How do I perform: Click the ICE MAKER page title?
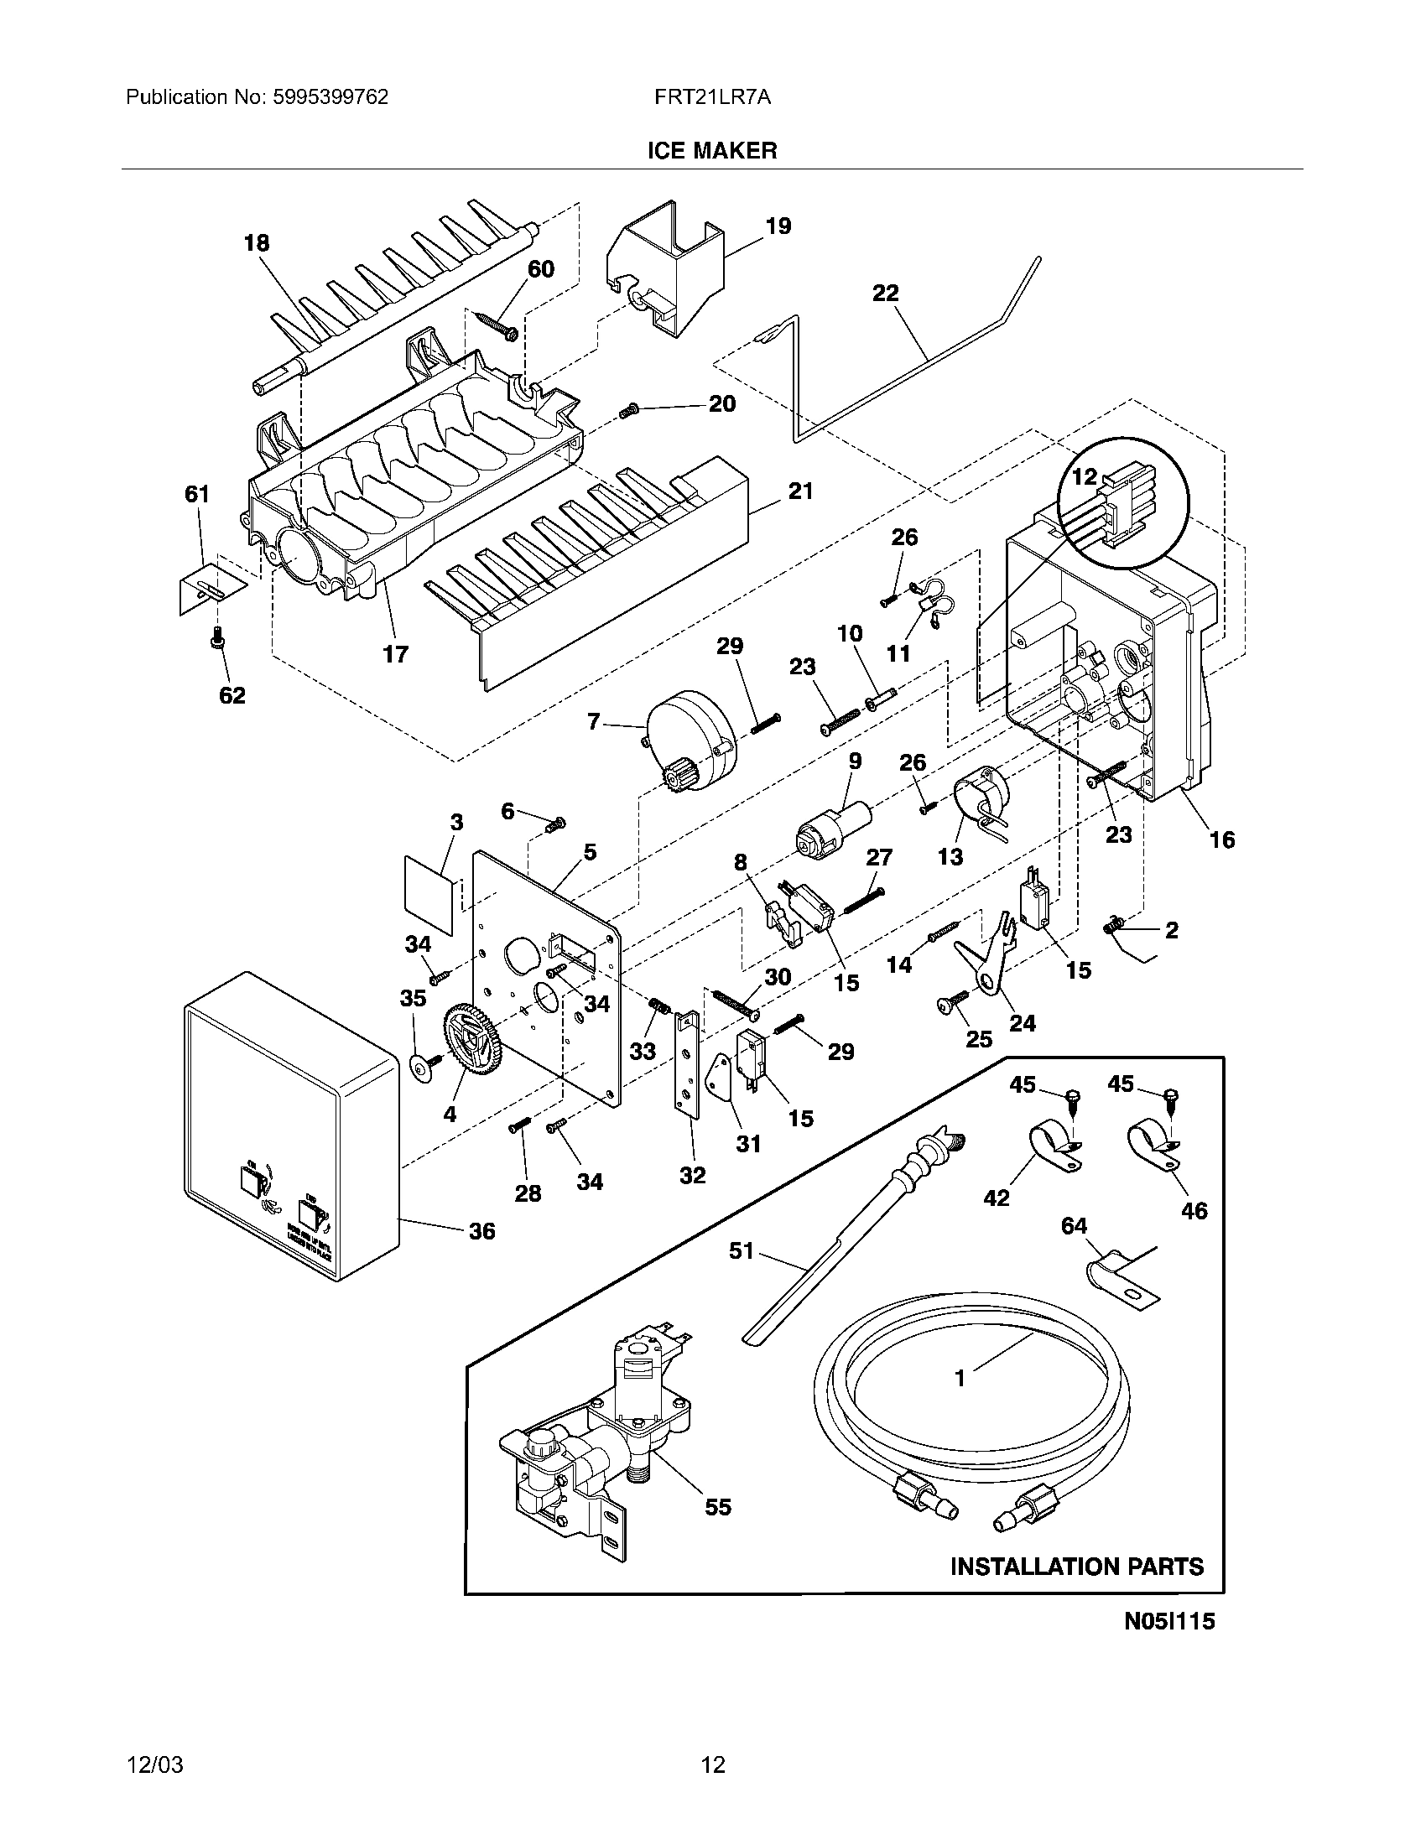point(711,150)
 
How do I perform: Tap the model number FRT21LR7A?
point(711,97)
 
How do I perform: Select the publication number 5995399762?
point(330,97)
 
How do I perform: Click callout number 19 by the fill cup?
point(778,226)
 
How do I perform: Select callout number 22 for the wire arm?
point(885,294)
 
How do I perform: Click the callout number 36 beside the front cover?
point(481,1231)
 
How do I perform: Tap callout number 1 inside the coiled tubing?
point(960,1378)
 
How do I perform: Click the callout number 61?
point(197,494)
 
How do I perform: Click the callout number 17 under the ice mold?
point(395,653)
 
